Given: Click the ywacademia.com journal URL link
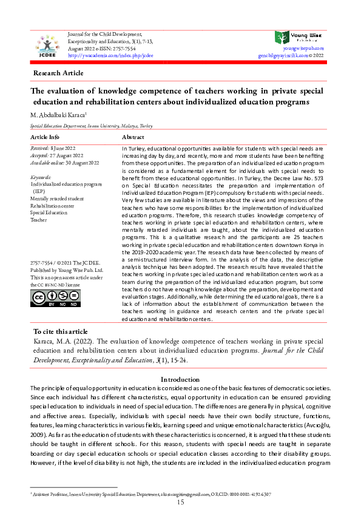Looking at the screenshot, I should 110,55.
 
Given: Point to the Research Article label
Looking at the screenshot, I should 59,73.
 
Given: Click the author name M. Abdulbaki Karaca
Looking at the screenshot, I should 67,114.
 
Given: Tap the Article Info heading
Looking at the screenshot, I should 45,137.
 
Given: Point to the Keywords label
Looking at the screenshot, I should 41,177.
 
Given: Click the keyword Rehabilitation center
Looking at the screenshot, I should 52,206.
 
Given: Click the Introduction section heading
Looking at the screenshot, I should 180,379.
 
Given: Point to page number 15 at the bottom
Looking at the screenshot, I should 180,503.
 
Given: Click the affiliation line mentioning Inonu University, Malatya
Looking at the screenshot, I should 91,126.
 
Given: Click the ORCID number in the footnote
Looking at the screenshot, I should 249,494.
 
